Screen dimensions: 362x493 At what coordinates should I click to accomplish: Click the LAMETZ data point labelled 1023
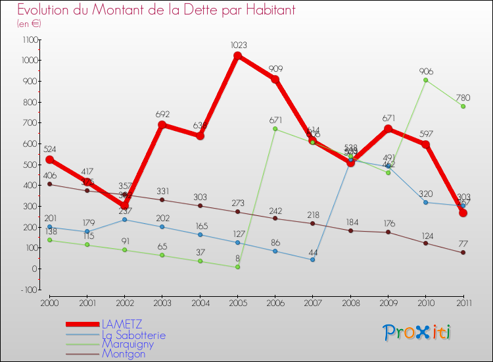click(237, 55)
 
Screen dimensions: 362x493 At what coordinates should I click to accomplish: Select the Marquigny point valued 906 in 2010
click(425, 80)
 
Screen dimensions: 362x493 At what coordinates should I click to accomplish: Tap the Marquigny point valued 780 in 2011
click(463, 107)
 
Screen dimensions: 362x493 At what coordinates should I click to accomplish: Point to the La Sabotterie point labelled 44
click(312, 260)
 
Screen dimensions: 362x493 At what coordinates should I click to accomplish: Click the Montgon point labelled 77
click(463, 253)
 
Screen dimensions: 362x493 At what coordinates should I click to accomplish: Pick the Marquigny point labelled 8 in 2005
click(237, 267)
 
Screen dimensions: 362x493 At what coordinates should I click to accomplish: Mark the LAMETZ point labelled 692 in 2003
click(162, 124)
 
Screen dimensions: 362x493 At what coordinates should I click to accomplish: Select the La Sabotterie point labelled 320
click(425, 202)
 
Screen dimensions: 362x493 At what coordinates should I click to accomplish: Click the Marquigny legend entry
click(128, 344)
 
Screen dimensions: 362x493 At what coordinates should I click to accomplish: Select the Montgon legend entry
click(123, 353)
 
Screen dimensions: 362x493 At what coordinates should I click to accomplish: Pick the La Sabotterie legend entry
click(133, 334)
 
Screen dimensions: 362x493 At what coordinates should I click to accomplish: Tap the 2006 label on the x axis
click(275, 302)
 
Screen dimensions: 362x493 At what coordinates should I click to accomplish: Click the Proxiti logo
click(417, 332)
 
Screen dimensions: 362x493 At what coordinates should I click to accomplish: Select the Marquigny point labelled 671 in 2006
click(275, 129)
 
